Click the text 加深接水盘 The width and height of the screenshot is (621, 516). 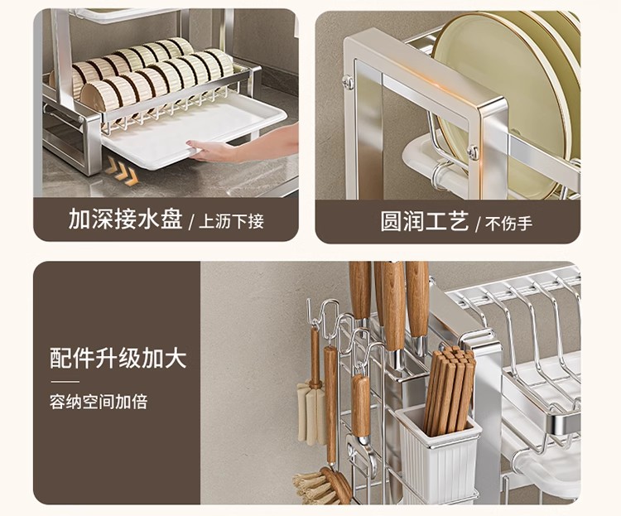point(125,220)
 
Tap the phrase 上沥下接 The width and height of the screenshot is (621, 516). point(231,222)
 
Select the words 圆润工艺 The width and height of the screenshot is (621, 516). point(425,221)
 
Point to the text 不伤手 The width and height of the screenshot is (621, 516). point(508,223)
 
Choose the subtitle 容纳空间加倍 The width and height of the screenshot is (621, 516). point(98,403)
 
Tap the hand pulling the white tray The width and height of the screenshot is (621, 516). point(217,151)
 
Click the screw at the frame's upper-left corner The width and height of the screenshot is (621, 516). point(349,81)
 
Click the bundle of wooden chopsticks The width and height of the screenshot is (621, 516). point(450,389)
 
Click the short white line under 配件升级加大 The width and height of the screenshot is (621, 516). point(65,382)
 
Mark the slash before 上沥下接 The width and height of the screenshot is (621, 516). point(191,222)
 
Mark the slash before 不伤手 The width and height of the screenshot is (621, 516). point(478,222)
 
